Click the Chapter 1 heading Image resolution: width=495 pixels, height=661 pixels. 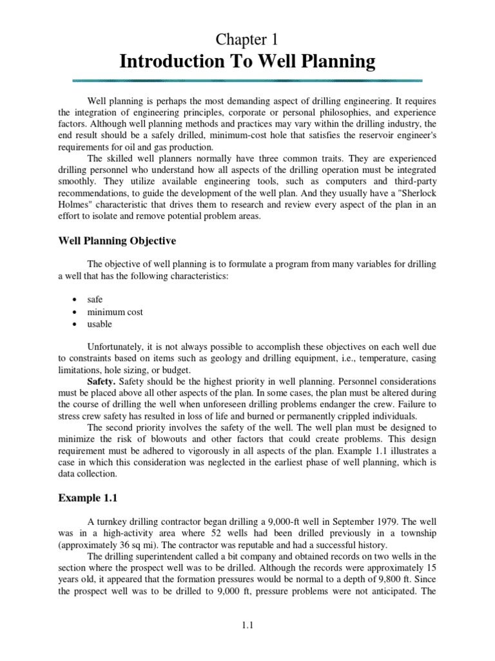click(x=247, y=40)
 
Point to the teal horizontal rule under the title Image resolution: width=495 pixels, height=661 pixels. click(x=247, y=81)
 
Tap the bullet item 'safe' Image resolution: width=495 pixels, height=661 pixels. click(x=95, y=300)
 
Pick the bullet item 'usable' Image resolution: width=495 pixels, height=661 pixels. click(x=100, y=323)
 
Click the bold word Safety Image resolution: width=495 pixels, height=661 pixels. click(x=101, y=381)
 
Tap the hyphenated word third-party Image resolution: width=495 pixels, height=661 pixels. click(x=414, y=181)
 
